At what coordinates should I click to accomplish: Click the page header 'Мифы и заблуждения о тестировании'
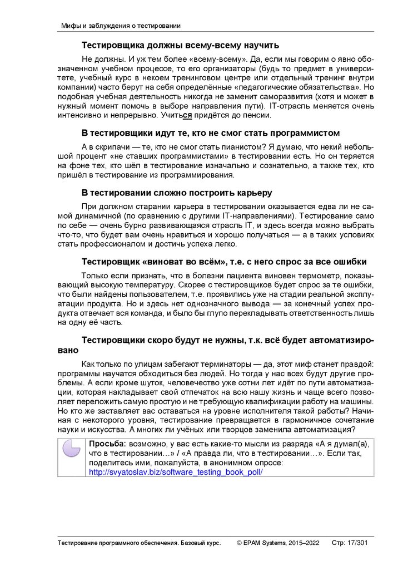(x=120, y=26)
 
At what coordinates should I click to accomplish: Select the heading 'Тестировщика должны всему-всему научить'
(x=180, y=45)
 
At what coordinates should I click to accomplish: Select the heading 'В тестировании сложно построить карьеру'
(x=177, y=193)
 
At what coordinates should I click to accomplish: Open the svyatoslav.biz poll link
(x=176, y=472)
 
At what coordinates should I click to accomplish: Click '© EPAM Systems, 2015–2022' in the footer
(x=278, y=543)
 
